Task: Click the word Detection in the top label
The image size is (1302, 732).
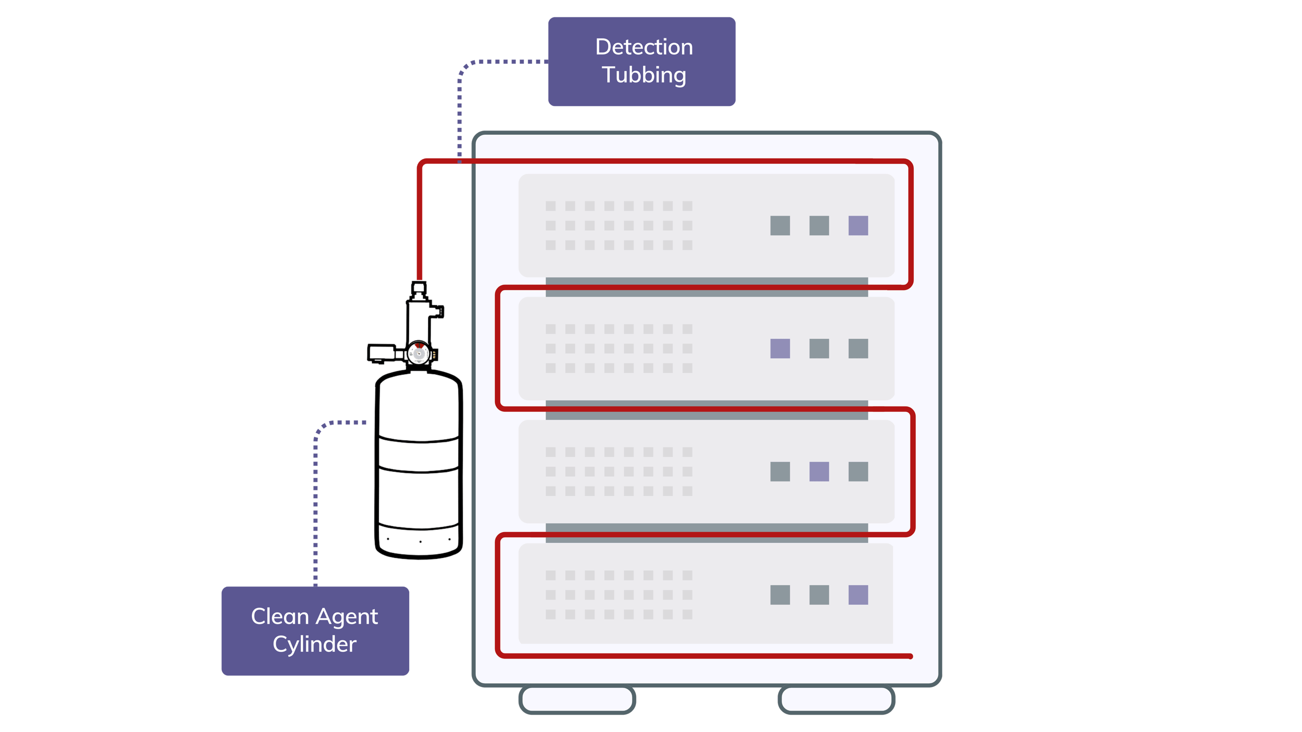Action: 644,47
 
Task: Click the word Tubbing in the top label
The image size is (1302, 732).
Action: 644,75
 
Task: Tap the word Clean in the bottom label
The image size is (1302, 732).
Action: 279,616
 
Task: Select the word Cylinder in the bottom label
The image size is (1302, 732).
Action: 314,644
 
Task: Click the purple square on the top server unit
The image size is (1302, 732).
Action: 858,225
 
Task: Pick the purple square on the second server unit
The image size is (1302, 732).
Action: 780,349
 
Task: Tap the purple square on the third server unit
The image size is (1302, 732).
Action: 819,471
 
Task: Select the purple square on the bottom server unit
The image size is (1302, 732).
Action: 858,594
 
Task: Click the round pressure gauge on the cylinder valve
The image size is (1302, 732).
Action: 418,354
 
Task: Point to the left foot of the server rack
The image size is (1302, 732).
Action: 577,699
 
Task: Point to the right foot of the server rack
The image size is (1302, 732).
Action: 836,699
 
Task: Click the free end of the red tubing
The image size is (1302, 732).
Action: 910,656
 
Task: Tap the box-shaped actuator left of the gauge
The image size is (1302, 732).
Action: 382,353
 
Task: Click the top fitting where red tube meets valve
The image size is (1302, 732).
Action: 418,289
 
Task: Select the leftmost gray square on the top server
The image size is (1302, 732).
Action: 780,225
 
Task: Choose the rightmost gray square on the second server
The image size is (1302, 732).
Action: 858,349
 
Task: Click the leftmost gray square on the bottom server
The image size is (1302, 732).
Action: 780,594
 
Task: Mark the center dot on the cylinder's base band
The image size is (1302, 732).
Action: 420,541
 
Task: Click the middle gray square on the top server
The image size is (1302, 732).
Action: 819,225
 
